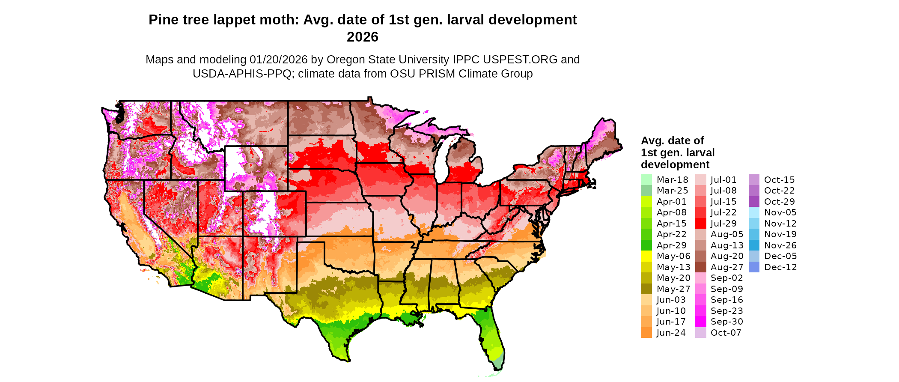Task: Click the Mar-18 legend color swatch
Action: [x=646, y=180]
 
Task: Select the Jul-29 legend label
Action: [x=723, y=224]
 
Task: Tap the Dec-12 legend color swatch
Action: [x=754, y=267]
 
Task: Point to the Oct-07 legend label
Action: [x=726, y=333]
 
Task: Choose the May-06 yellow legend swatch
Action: [x=646, y=256]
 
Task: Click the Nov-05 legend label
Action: [x=780, y=212]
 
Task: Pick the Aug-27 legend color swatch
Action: [x=700, y=267]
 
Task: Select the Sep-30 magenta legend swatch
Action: [x=700, y=322]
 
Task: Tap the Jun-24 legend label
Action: [x=671, y=333]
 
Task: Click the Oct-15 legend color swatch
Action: [x=754, y=180]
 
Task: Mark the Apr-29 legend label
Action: [x=671, y=245]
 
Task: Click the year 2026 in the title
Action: [x=362, y=37]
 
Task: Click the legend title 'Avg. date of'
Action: [x=672, y=141]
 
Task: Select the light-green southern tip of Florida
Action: [x=497, y=365]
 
